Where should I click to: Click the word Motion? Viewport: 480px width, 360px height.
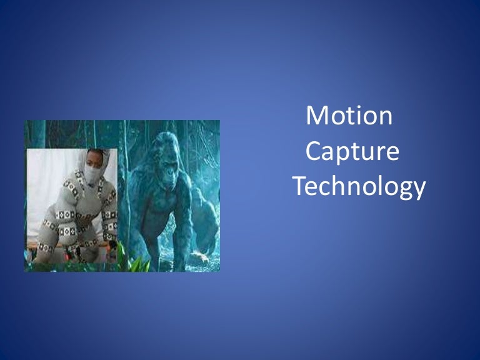(x=349, y=116)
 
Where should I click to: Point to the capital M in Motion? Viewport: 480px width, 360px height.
(x=317, y=116)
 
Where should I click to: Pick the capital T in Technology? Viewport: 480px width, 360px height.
(x=301, y=186)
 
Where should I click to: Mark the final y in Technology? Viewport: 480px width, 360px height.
(x=419, y=189)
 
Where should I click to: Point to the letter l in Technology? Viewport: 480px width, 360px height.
(x=379, y=186)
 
